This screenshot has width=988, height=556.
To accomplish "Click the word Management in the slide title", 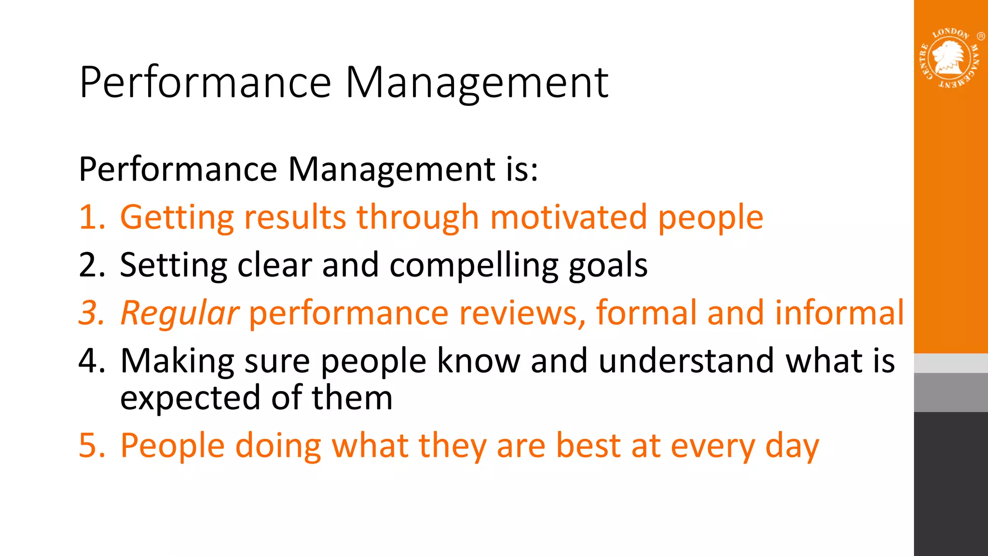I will click(x=477, y=83).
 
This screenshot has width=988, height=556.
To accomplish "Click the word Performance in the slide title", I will click(x=206, y=83).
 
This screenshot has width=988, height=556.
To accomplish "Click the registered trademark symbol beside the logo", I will click(x=981, y=36).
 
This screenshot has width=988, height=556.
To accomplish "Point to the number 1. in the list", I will click(x=92, y=217).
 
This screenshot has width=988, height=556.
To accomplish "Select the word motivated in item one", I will click(x=568, y=217).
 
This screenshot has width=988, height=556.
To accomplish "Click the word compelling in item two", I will click(x=474, y=265).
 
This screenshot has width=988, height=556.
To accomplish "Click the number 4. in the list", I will click(x=92, y=361).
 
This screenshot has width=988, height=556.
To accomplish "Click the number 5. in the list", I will click(x=92, y=445).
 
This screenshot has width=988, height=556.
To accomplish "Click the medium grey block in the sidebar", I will click(x=950, y=392).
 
